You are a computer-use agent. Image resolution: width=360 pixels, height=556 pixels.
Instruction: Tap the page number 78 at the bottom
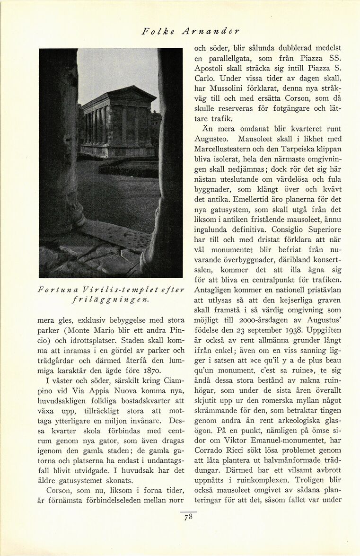point(188,517)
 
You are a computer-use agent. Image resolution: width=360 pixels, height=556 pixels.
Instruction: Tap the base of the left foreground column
point(66,220)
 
